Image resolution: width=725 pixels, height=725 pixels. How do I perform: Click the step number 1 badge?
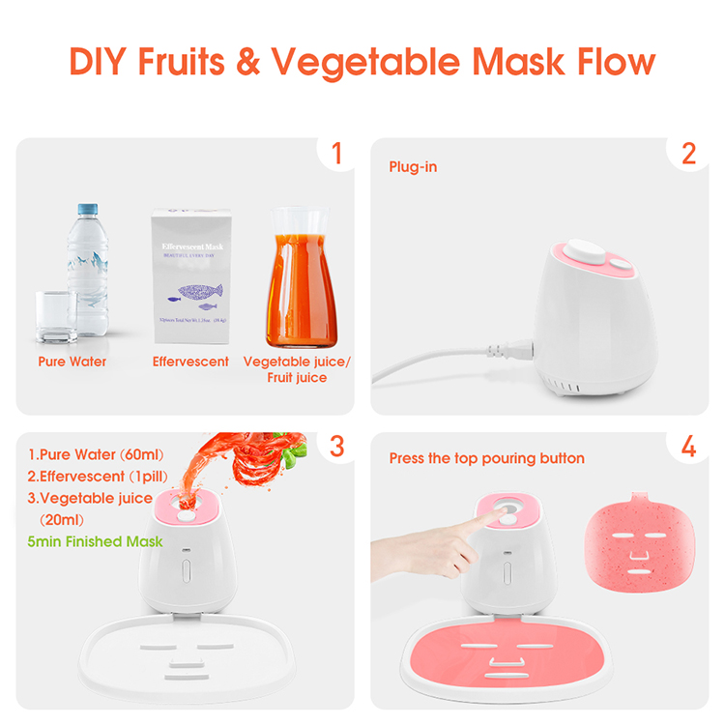pos(336,154)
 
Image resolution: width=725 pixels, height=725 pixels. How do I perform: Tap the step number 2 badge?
pos(688,154)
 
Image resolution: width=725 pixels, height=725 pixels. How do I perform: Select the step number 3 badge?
pos(336,447)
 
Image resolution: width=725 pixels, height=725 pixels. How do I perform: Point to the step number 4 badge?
pos(688,447)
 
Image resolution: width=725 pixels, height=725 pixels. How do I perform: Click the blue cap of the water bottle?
pos(86,208)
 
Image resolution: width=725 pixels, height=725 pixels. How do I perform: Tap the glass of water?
pos(56,315)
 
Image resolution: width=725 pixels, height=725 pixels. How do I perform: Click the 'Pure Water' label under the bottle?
pos(72,362)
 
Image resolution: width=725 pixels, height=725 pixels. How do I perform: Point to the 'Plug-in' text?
pos(413,167)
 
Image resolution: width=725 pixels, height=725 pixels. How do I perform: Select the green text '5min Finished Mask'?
pos(95,541)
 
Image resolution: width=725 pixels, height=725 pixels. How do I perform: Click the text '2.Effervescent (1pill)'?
pos(90,476)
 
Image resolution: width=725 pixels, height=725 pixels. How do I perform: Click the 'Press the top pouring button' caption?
pos(486,458)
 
